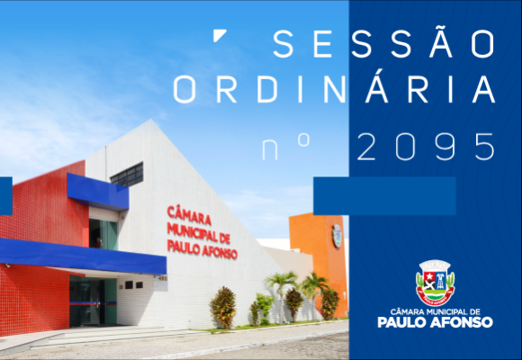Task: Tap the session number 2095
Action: coord(426,147)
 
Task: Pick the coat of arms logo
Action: coord(435,283)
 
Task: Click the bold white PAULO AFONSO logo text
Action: coord(435,322)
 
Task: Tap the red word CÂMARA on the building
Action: coord(189,215)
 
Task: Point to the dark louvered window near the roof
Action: coord(127,175)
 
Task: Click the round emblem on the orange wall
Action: coord(337,236)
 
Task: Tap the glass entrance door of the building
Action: coord(93,301)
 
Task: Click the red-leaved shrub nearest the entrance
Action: coord(223,308)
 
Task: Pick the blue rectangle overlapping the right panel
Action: coord(384,196)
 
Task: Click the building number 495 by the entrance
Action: coord(163,278)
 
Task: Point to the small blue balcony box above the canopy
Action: coord(98,192)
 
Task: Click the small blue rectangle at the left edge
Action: coord(6,196)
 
